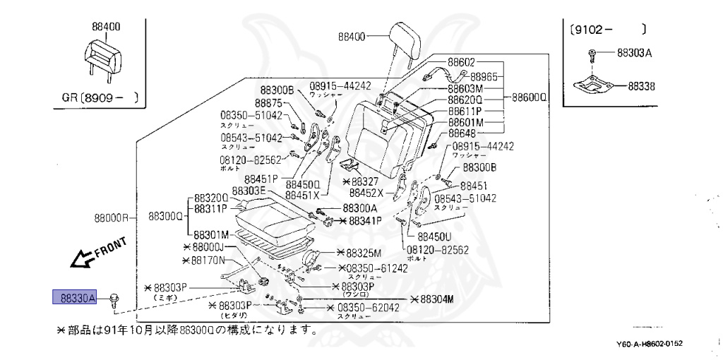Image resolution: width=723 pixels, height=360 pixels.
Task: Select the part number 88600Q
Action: pos(530,97)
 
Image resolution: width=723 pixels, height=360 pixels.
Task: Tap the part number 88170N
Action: pos(203,260)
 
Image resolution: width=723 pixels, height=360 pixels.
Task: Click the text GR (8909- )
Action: pos(96,96)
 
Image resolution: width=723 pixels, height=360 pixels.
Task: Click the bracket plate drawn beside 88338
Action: pos(592,85)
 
